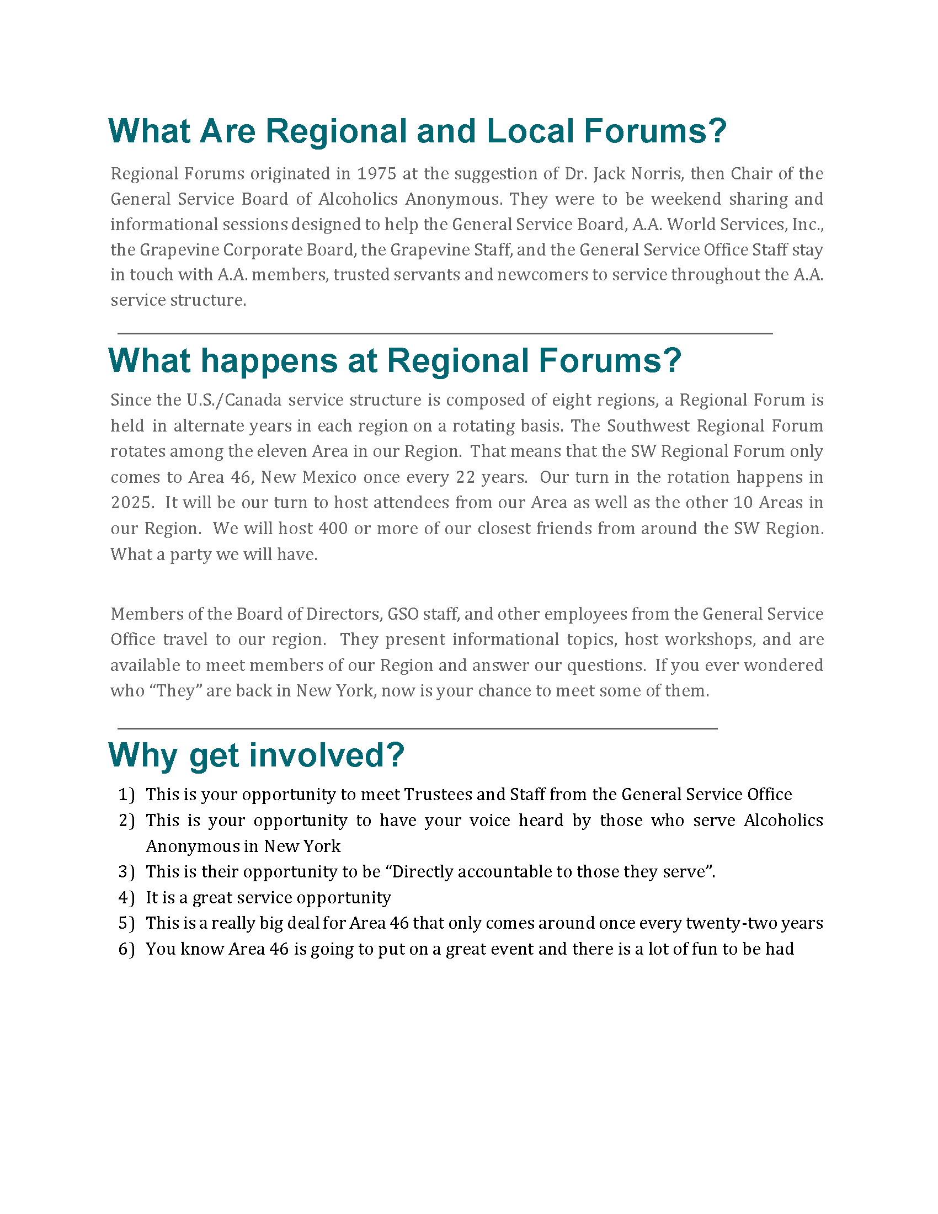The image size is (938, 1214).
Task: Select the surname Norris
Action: [x=657, y=174]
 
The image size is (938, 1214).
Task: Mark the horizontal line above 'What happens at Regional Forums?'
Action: [x=445, y=333]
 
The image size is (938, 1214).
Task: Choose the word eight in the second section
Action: [x=573, y=400]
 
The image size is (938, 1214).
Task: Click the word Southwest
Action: [x=647, y=426]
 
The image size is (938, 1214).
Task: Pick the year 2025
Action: [x=131, y=503]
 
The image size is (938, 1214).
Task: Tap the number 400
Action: [x=333, y=528]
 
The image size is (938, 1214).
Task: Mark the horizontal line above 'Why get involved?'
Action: [x=417, y=728]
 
